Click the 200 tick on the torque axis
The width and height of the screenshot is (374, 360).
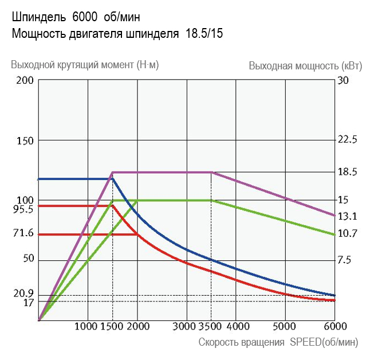[25, 80]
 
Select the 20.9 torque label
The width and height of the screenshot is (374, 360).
[23, 294]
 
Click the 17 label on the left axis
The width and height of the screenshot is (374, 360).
[28, 302]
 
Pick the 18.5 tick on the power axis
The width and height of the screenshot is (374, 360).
[348, 172]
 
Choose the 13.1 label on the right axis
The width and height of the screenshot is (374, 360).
[348, 216]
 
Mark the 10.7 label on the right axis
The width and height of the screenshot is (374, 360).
[348, 233]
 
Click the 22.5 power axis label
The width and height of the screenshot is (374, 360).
[348, 140]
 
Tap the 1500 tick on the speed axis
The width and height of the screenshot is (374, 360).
[112, 327]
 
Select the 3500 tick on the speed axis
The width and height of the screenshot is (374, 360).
[211, 327]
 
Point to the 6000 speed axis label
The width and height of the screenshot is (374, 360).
[335, 327]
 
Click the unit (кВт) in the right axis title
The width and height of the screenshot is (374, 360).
[351, 65]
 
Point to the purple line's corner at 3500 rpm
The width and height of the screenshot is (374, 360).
[212, 172]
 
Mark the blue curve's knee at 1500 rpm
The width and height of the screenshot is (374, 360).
[112, 179]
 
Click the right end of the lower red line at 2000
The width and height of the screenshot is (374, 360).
[137, 234]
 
